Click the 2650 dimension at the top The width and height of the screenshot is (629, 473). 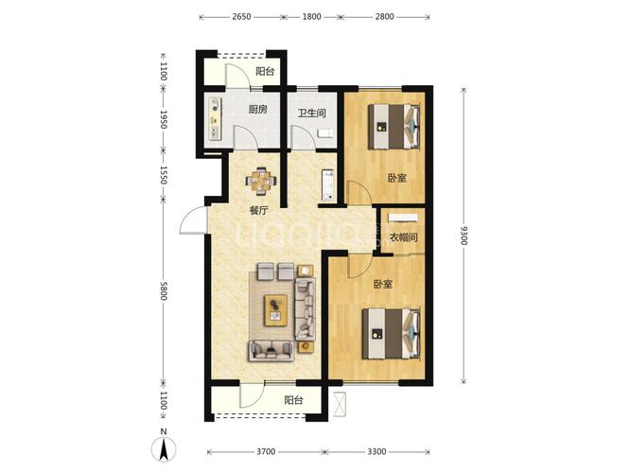point(241,16)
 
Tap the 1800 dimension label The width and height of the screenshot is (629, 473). point(312,16)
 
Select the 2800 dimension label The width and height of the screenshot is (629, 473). point(385,16)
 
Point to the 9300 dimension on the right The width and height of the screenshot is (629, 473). point(463,236)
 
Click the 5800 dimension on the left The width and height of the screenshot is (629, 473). point(164,290)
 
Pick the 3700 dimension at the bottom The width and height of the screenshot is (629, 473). point(266,452)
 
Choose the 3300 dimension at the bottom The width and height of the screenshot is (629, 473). point(376,452)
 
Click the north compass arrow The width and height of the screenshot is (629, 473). point(164,449)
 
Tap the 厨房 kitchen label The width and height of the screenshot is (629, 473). point(258,109)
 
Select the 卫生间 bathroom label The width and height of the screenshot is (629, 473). point(312,114)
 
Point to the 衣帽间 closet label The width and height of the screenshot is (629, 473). point(404,237)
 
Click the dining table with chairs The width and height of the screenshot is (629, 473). point(261,182)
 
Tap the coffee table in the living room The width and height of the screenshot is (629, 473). point(276,310)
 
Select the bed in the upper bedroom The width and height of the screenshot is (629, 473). point(394,127)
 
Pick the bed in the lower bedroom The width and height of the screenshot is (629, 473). point(392,333)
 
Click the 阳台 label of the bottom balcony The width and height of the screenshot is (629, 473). point(293,400)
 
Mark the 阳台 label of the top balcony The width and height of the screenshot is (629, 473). point(265,71)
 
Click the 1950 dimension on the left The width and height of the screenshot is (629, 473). point(164,119)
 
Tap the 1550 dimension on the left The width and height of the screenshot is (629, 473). point(164,175)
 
